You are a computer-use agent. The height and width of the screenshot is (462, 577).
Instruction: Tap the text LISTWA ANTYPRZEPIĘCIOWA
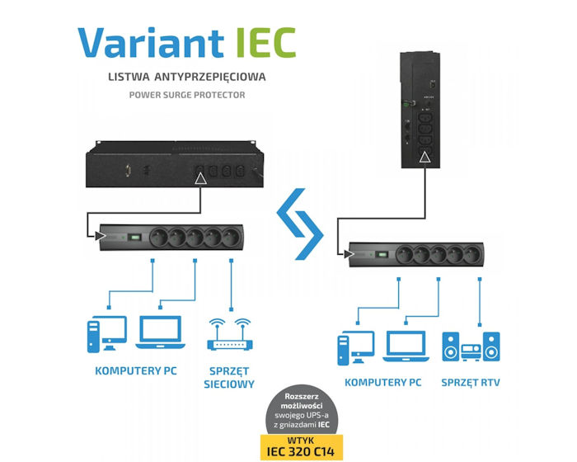tap(188, 78)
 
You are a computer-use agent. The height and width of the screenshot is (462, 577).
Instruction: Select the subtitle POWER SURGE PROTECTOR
tap(187, 96)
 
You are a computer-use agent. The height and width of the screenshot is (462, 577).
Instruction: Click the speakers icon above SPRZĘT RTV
tap(471, 346)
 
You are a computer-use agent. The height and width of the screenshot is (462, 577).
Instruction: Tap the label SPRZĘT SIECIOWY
tap(228, 377)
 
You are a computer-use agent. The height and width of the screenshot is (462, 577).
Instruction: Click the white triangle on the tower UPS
tap(424, 156)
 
